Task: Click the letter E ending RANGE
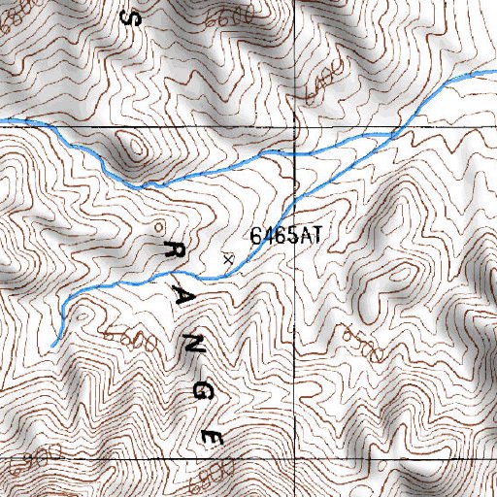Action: (x=212, y=437)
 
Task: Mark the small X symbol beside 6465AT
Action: (x=228, y=258)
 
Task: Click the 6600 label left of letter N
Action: (x=133, y=341)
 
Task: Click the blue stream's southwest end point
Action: (x=53, y=342)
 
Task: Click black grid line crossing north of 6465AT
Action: (x=294, y=126)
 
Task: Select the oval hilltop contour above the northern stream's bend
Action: (x=133, y=148)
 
